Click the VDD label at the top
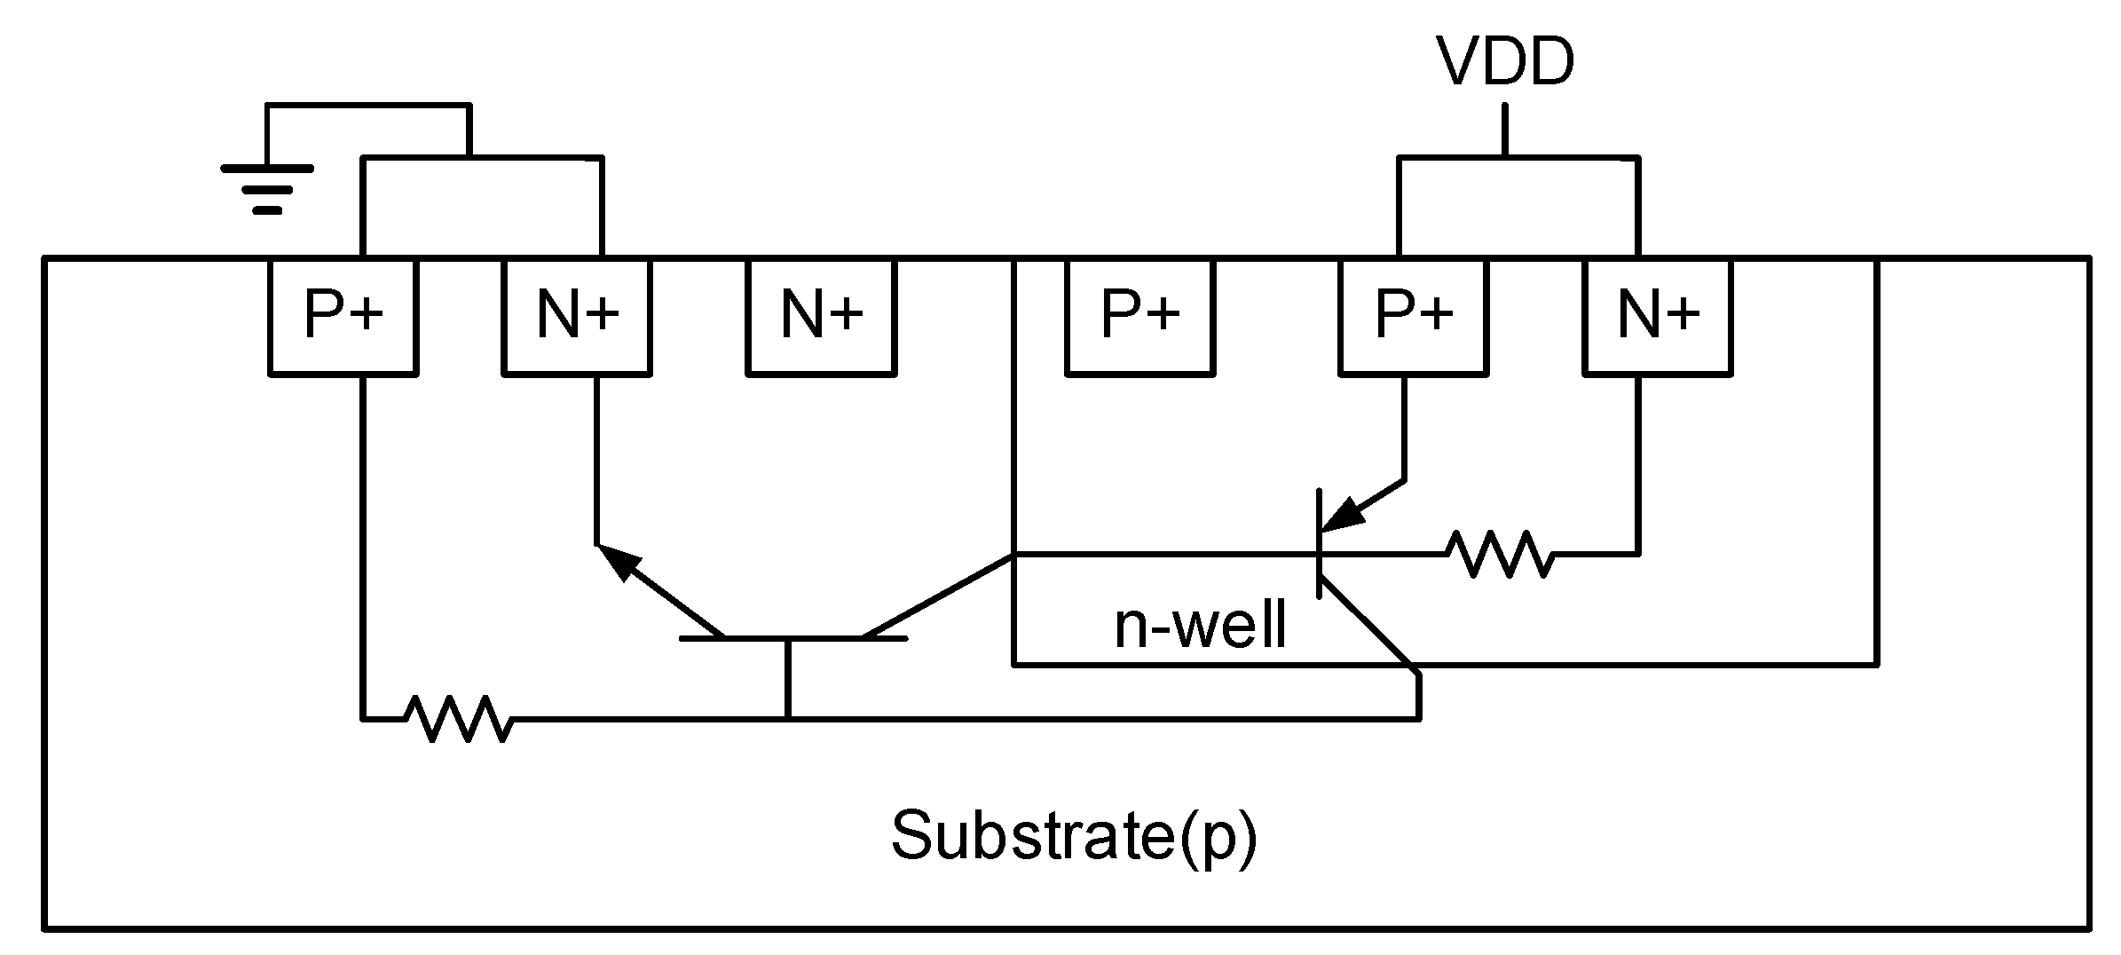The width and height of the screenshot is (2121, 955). pyautogui.click(x=1505, y=61)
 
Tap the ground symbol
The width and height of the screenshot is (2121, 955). pyautogui.click(x=267, y=188)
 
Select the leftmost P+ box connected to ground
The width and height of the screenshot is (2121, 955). pyautogui.click(x=343, y=316)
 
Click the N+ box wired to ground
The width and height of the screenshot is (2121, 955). pyautogui.click(x=577, y=316)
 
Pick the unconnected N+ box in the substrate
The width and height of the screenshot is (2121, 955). pyautogui.click(x=821, y=316)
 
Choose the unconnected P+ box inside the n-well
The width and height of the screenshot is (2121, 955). pyautogui.click(x=1139, y=316)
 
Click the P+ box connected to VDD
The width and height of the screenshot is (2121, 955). pyautogui.click(x=1413, y=316)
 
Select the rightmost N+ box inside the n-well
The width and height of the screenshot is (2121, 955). pyautogui.click(x=1658, y=316)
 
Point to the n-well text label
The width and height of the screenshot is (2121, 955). pyautogui.click(x=1200, y=625)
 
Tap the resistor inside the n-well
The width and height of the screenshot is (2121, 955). pyautogui.click(x=1500, y=555)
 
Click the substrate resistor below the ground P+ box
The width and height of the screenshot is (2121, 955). pyautogui.click(x=457, y=718)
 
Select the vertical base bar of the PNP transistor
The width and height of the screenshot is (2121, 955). pyautogui.click(x=1321, y=543)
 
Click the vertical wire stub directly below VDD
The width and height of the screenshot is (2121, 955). pyautogui.click(x=1505, y=130)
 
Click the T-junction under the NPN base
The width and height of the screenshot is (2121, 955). pyautogui.click(x=787, y=718)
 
